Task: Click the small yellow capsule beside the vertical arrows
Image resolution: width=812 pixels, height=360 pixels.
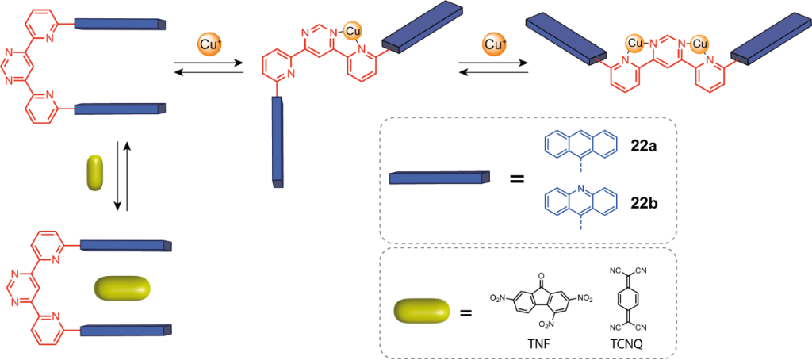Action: tap(95, 173)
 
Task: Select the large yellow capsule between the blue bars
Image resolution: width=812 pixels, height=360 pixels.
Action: tap(121, 289)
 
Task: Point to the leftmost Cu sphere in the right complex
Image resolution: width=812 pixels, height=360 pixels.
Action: tap(634, 42)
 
